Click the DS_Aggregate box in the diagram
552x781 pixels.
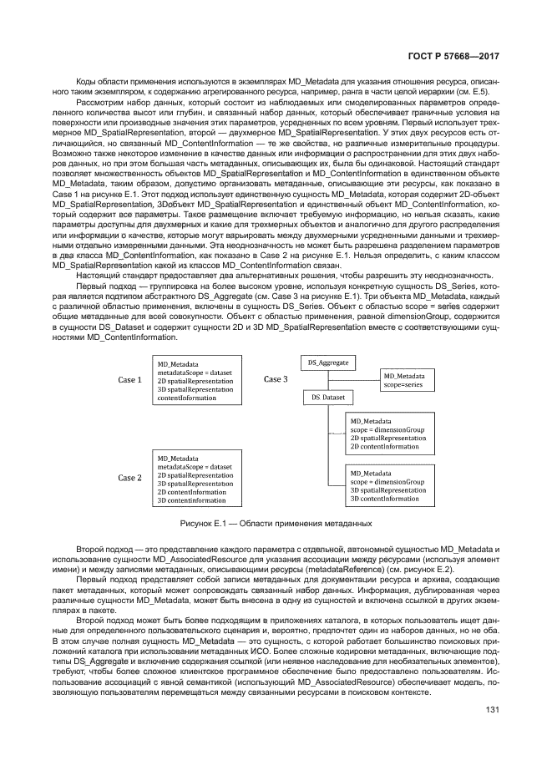click(328, 364)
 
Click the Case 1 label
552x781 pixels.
click(129, 380)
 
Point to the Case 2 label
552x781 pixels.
click(129, 478)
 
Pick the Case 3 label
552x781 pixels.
click(276, 379)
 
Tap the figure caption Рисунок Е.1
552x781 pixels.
click(276, 524)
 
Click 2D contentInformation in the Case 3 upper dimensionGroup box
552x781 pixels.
click(384, 447)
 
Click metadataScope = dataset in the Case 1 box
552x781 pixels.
click(195, 373)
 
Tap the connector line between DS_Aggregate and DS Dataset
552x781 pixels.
click(328, 382)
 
